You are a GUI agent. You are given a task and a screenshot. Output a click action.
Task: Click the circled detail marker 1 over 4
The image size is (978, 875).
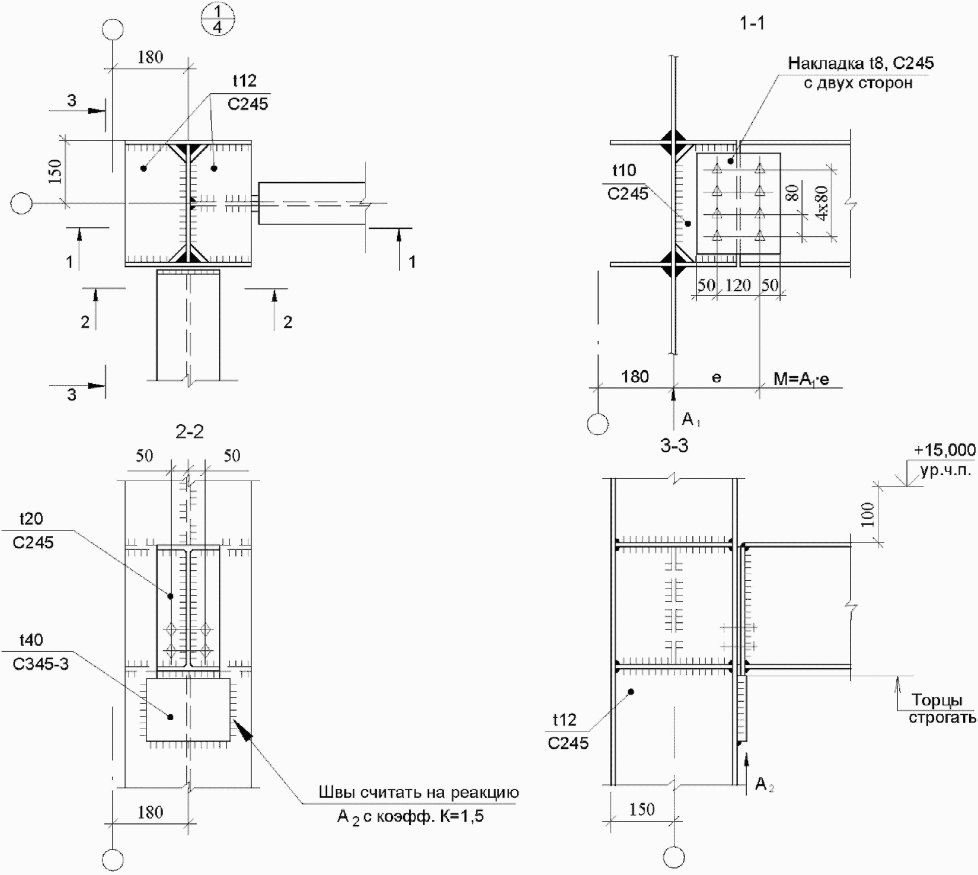(217, 20)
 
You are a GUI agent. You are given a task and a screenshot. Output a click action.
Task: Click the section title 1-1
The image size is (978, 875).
(752, 24)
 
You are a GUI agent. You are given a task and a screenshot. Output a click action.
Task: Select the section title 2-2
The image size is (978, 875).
(190, 432)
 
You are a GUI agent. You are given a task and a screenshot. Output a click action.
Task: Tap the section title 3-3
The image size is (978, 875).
(674, 446)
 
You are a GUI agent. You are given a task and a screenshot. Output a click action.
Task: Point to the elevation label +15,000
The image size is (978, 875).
(945, 450)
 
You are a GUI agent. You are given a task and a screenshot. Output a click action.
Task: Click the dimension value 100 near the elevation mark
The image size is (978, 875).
(867, 514)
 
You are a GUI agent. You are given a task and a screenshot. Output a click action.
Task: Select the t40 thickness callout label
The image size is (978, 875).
(31, 640)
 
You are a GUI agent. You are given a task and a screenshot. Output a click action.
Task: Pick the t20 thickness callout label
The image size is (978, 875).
(31, 519)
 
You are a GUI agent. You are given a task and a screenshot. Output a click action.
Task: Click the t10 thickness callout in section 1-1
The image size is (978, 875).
(624, 171)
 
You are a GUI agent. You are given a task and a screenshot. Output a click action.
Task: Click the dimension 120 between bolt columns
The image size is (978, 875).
(738, 285)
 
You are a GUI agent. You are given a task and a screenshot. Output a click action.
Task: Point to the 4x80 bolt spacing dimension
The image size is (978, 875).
(822, 203)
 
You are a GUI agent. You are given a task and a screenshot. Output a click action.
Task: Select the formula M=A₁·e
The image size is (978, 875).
(801, 378)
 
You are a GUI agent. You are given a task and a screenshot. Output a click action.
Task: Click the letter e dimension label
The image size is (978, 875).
(717, 377)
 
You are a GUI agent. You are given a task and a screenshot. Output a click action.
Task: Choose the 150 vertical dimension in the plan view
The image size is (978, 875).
(55, 172)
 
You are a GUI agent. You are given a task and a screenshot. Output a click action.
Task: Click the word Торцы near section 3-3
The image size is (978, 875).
(937, 701)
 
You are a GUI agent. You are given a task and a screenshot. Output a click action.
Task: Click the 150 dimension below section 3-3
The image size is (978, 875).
(642, 809)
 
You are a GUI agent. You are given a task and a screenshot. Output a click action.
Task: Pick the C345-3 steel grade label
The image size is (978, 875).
(41, 664)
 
